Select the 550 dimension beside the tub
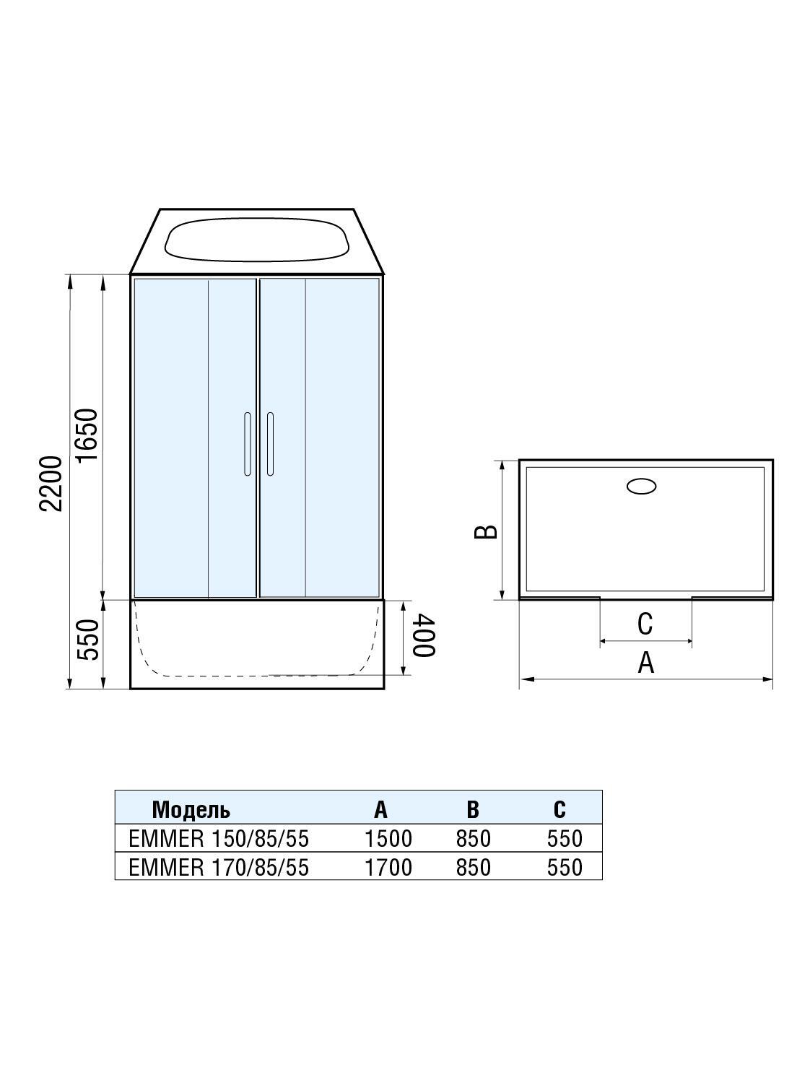click(x=87, y=640)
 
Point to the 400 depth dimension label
click(x=423, y=636)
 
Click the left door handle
click(x=248, y=444)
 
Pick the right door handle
click(x=270, y=444)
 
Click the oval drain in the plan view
click(x=641, y=487)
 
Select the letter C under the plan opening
click(x=645, y=624)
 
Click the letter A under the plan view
click(x=645, y=662)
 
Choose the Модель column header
click(x=191, y=809)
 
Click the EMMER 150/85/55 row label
click(x=218, y=838)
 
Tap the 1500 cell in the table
click(x=388, y=838)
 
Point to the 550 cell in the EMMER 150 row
click(x=565, y=838)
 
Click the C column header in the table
click(x=559, y=809)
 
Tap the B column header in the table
click(x=472, y=809)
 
